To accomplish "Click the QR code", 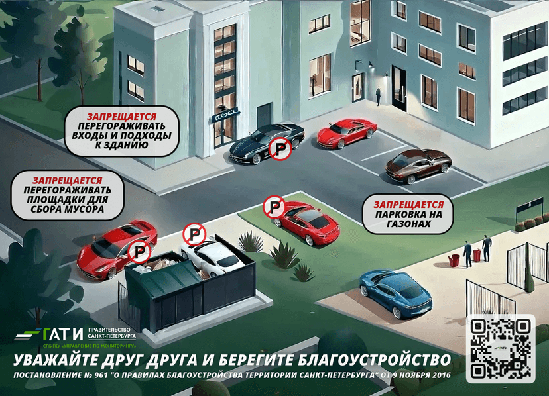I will (501, 348).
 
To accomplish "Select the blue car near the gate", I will (395, 292).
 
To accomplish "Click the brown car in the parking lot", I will (418, 166).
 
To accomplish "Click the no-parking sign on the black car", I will (280, 149).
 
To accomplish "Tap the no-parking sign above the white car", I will (194, 234).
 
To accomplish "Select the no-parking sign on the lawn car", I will (273, 207).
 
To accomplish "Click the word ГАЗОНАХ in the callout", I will (408, 224).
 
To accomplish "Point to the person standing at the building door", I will (378, 96).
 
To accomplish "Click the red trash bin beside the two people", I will (454, 259).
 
